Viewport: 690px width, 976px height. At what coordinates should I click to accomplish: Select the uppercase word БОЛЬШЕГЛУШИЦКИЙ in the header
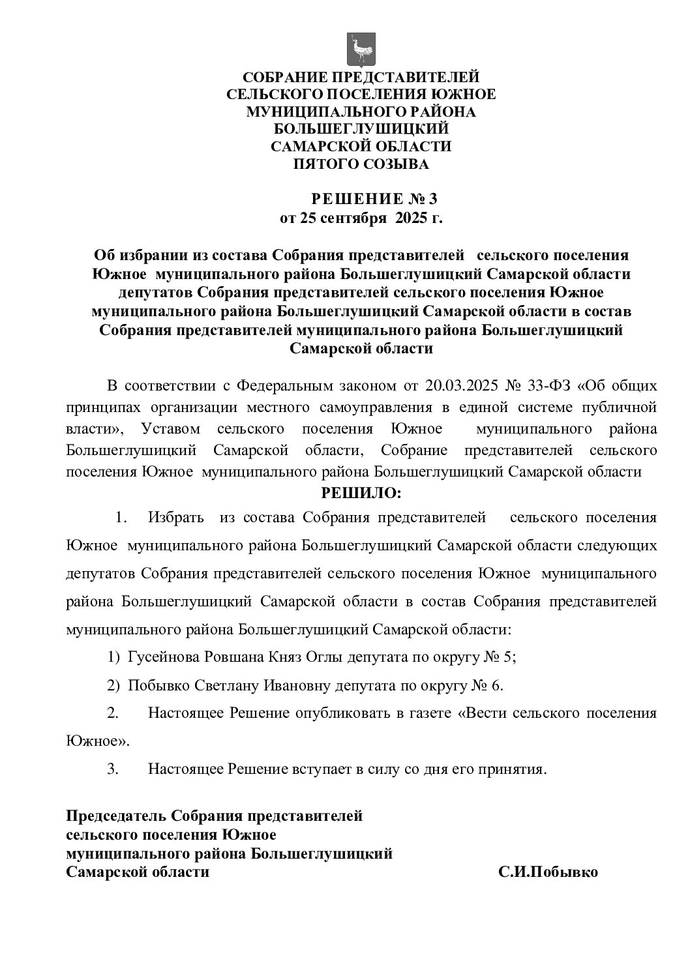tap(361, 129)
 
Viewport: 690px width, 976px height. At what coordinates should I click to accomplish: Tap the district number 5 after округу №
tap(508, 657)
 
